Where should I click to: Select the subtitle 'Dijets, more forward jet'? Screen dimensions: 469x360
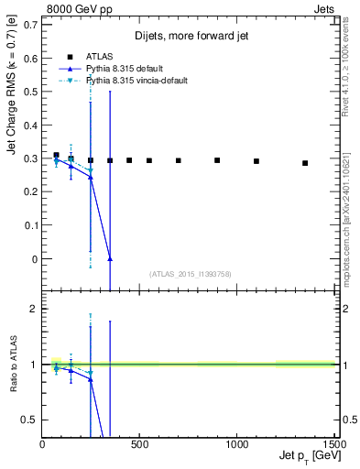(190, 37)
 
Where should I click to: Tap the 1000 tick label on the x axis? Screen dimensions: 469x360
(236, 445)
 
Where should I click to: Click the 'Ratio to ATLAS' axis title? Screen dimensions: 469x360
(10, 364)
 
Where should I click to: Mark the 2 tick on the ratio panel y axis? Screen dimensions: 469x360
(34, 309)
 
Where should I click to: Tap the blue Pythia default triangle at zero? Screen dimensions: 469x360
(109, 259)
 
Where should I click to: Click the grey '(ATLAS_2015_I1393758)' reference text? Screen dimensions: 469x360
(189, 274)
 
